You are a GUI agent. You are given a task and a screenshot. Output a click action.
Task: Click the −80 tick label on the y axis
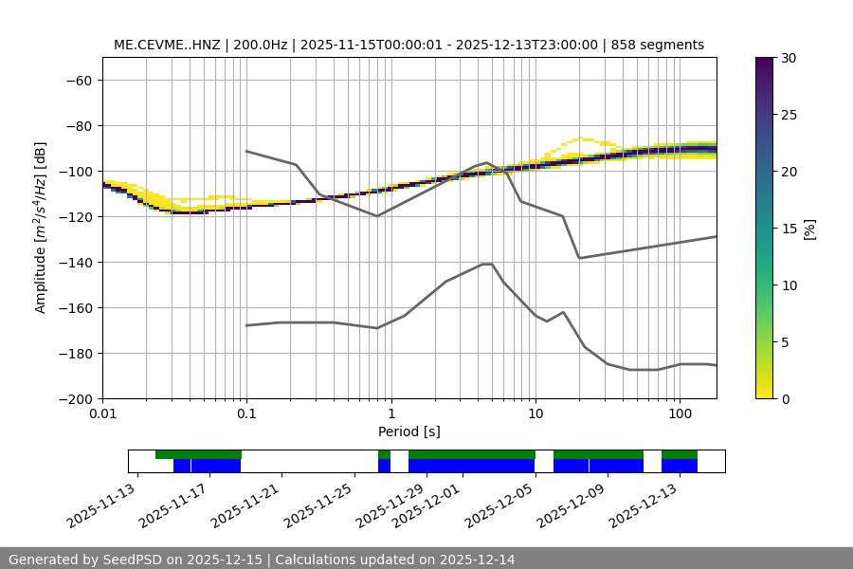point(77,126)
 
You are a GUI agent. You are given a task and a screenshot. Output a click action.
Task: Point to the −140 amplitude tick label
point(73,263)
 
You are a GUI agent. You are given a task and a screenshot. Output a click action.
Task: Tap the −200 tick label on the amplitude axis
point(73,399)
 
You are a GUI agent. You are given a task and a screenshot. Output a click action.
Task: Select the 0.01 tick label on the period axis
point(102,414)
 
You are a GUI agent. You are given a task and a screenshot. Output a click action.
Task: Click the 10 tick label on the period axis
point(535,414)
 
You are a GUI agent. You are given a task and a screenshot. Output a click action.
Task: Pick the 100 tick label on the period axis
point(680,414)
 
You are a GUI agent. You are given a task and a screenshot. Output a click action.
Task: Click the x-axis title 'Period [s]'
point(409,431)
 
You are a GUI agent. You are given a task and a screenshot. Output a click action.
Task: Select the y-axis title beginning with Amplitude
point(41,228)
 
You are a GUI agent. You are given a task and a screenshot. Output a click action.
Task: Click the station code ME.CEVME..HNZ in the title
point(167,45)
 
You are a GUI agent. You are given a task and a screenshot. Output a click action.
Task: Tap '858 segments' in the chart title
point(658,45)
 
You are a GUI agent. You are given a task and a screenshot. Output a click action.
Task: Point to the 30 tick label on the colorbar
point(789,58)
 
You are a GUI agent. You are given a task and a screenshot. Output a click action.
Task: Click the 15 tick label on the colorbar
point(789,229)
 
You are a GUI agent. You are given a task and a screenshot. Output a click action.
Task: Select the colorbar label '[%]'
point(809,229)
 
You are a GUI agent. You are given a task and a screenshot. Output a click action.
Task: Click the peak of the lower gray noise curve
point(487,264)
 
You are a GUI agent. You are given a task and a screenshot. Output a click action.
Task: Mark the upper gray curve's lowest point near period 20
point(579,258)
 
